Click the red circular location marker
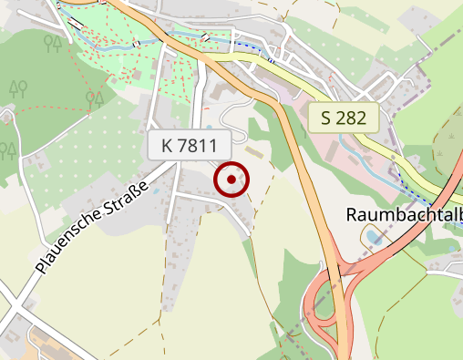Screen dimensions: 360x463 231,180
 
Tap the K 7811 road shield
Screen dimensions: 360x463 190,145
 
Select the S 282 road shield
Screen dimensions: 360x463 343,117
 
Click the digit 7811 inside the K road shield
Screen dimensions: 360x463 198,145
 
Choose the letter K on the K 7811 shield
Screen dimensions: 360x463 167,145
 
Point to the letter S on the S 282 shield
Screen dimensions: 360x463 325,117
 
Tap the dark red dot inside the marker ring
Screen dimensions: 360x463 231,180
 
